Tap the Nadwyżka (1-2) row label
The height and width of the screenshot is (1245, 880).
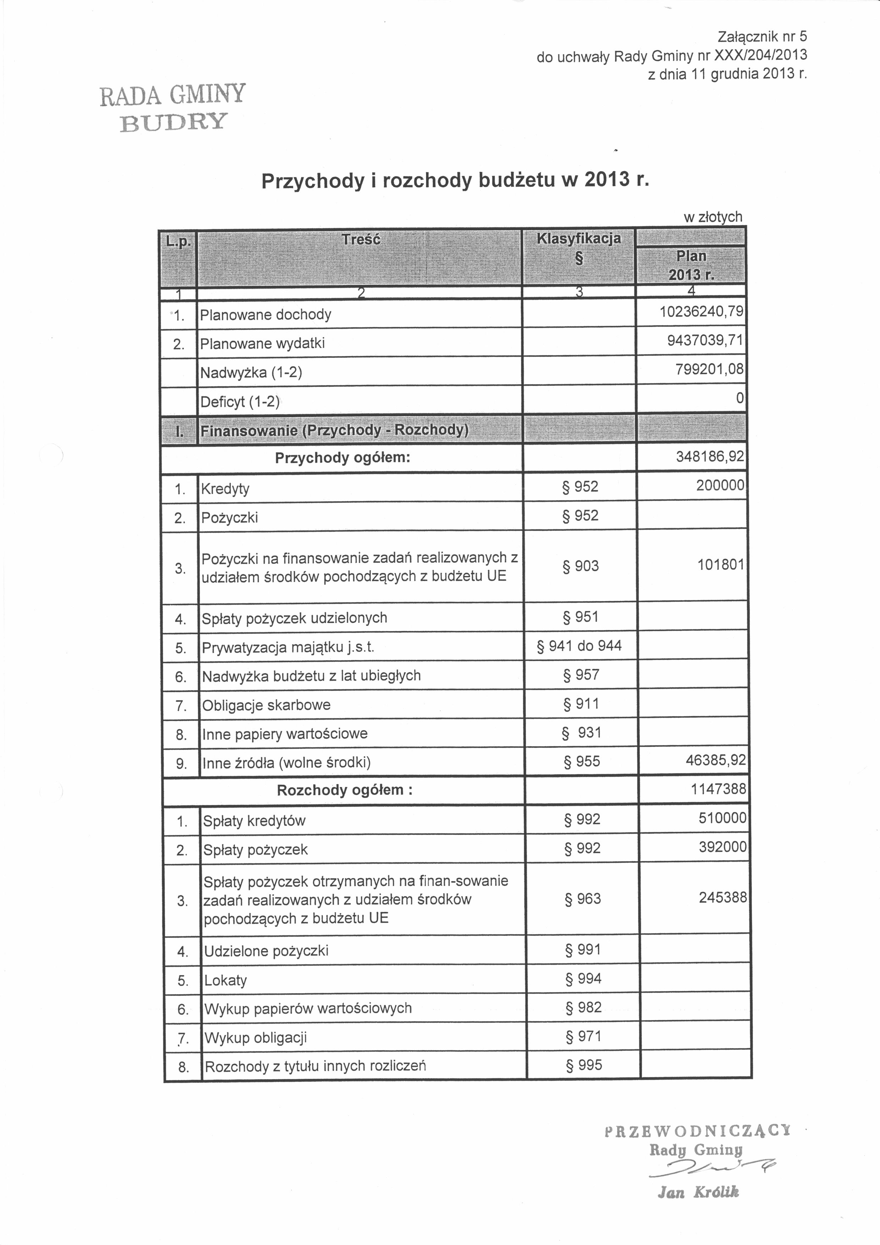tap(251, 372)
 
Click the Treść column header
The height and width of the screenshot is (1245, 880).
tap(361, 240)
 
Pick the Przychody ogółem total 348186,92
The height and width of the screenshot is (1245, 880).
tap(710, 456)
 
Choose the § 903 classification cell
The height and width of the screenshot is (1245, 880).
tap(581, 566)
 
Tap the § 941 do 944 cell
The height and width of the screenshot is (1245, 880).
tap(579, 646)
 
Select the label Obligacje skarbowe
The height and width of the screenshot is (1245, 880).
tap(266, 705)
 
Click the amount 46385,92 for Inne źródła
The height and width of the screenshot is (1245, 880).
tap(716, 760)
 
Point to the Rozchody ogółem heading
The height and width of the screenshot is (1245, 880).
tap(345, 790)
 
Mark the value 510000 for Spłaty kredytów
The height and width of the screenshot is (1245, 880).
tap(722, 818)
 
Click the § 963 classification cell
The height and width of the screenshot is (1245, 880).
tap(583, 899)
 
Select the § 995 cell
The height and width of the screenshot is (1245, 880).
tap(584, 1065)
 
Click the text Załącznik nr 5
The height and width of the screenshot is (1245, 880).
tap(762, 36)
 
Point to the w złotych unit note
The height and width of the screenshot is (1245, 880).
tap(713, 217)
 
